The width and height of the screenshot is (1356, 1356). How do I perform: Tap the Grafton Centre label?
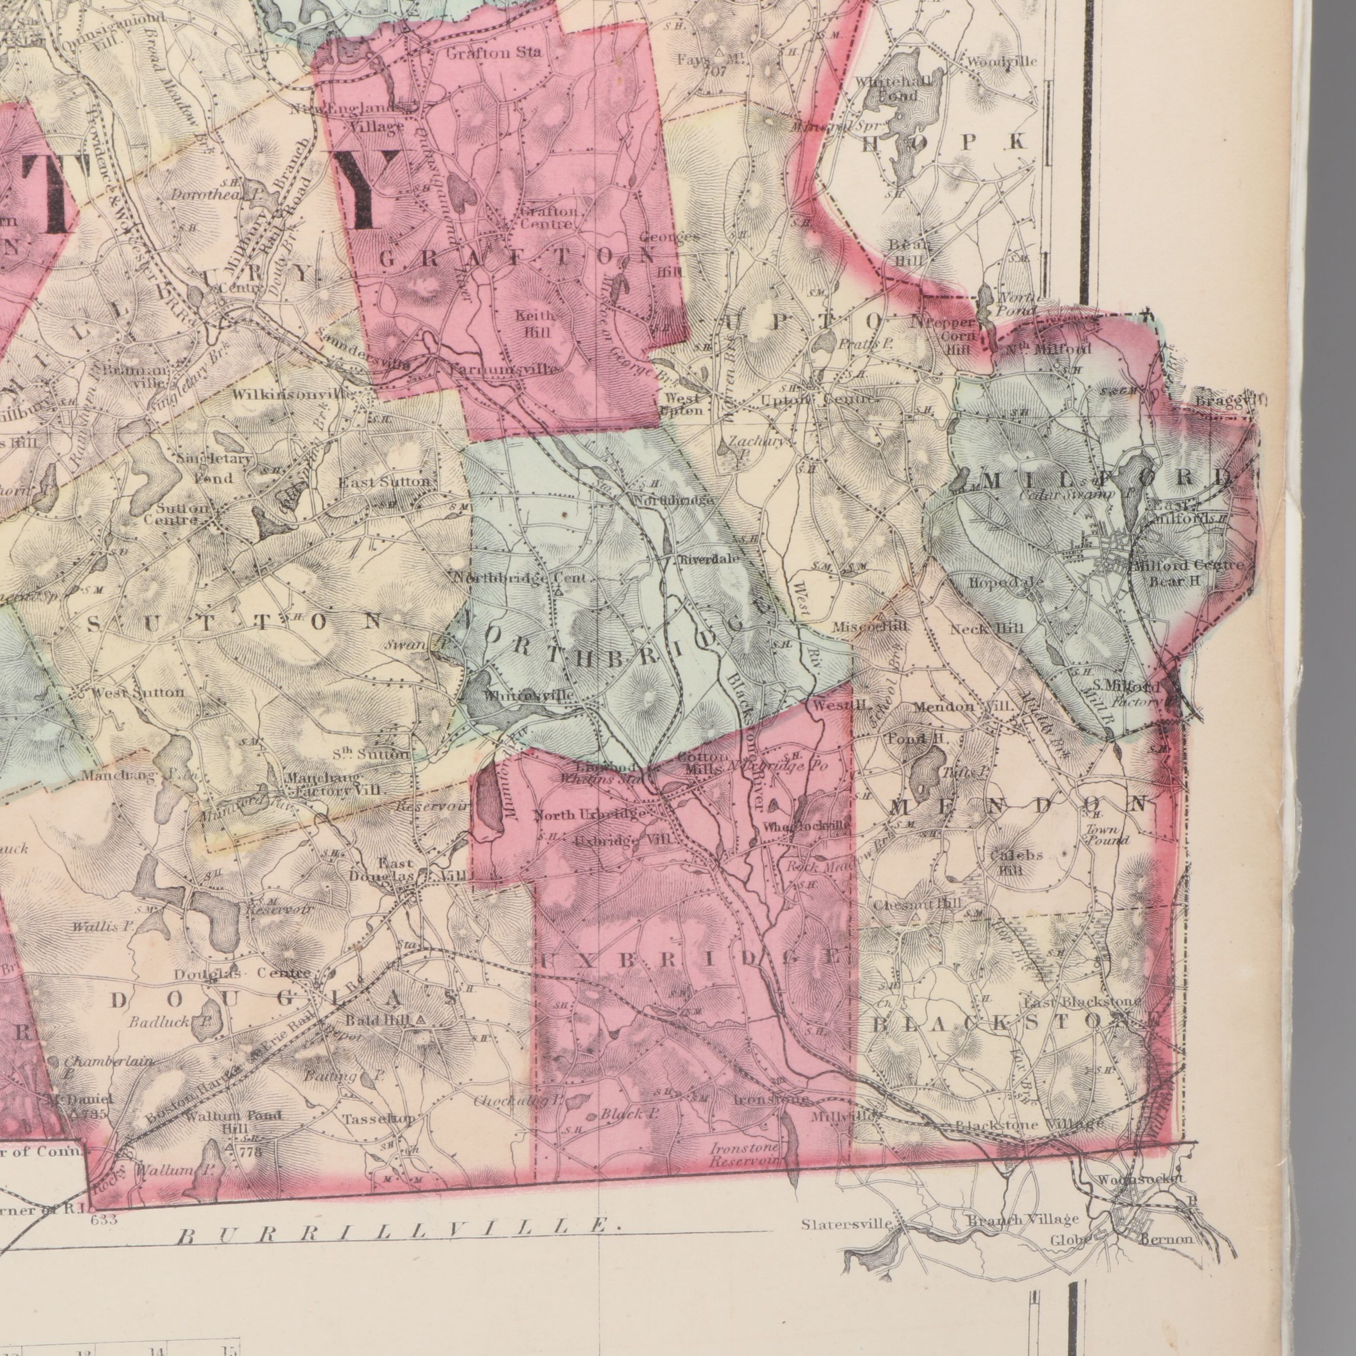pyautogui.click(x=547, y=217)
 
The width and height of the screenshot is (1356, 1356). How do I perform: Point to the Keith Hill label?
pyautogui.click(x=536, y=324)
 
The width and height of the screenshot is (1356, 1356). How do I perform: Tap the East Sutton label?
pyautogui.click(x=384, y=482)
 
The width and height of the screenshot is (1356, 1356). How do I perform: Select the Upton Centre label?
pyautogui.click(x=818, y=399)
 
